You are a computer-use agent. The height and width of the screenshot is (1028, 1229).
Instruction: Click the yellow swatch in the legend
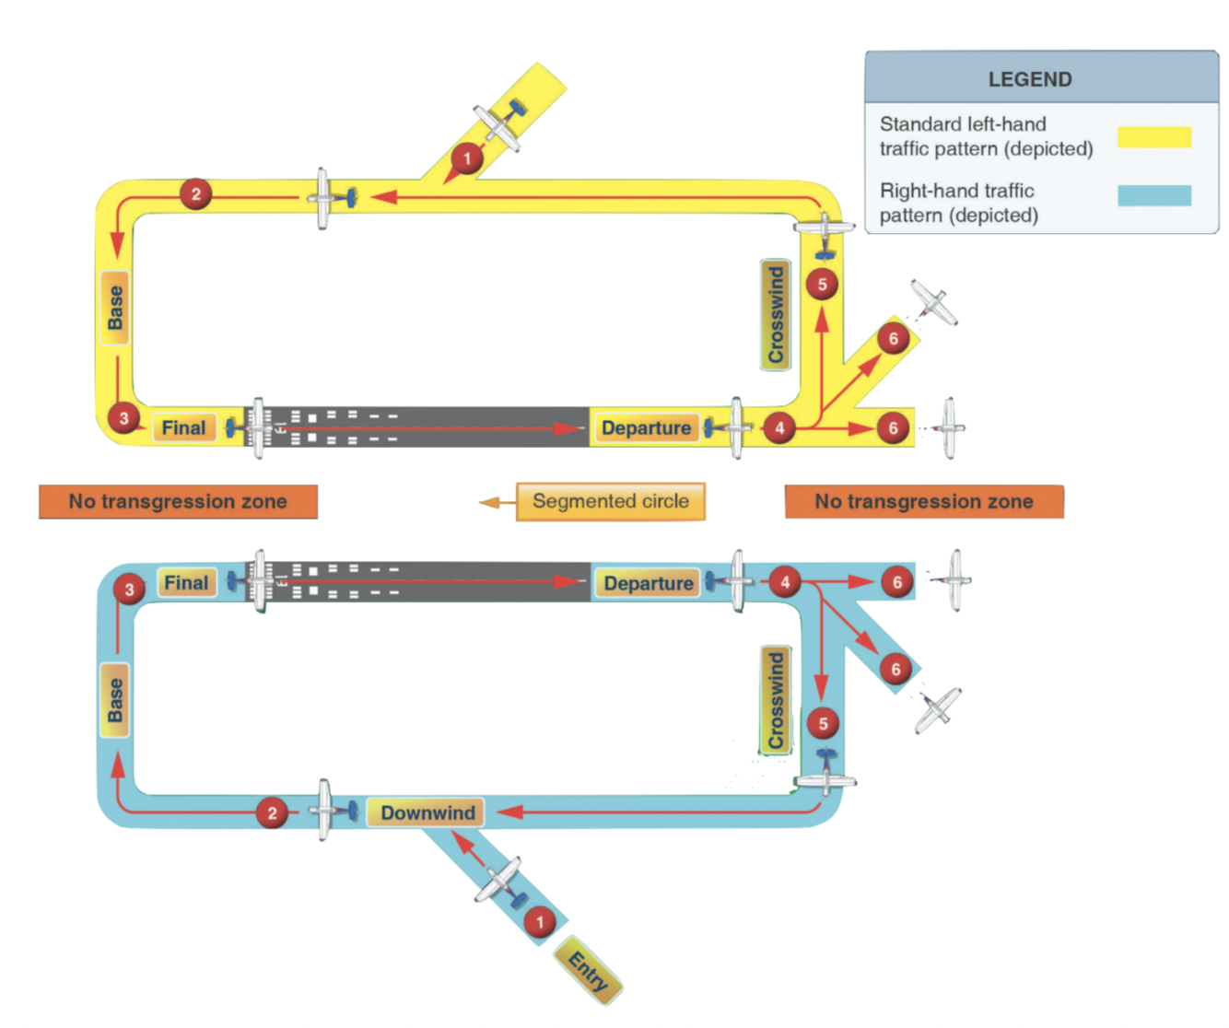pos(1153,137)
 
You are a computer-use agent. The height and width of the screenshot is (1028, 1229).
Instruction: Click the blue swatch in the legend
pos(1153,195)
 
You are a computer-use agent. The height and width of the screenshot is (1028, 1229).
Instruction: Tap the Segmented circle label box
pos(610,501)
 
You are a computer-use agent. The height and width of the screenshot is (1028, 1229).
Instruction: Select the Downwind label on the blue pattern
pos(427,812)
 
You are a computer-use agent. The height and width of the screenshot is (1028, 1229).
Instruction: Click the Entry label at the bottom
pos(589,970)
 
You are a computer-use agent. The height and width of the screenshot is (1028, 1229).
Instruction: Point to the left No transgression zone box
pos(178,501)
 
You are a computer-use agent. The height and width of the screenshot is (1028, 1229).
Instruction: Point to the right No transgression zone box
pos(923,501)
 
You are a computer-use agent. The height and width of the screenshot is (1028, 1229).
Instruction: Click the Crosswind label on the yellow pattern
pos(776,314)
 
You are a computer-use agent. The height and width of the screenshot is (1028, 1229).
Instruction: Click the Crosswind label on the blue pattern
pos(776,700)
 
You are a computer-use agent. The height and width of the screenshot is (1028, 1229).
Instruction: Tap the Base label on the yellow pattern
pos(115,308)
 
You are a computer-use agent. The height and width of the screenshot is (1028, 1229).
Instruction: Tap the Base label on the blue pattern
pos(115,700)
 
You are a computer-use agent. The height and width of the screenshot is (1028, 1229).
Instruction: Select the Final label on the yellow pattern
pos(184,427)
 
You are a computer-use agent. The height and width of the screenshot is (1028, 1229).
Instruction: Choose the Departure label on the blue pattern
pos(649,583)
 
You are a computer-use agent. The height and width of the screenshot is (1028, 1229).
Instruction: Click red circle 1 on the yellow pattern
pos(467,158)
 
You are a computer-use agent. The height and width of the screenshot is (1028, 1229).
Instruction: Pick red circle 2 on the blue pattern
pos(272,812)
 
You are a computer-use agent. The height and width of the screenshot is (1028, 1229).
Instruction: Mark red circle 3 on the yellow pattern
pos(123,418)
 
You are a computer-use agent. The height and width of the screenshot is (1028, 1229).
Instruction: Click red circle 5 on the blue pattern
pos(823,724)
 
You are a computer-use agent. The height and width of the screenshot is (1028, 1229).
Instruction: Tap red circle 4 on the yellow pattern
pos(779,427)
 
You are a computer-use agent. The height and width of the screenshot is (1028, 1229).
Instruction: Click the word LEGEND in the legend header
pos(1029,79)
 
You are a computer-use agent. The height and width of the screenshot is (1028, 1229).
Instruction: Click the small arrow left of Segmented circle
pos(490,502)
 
